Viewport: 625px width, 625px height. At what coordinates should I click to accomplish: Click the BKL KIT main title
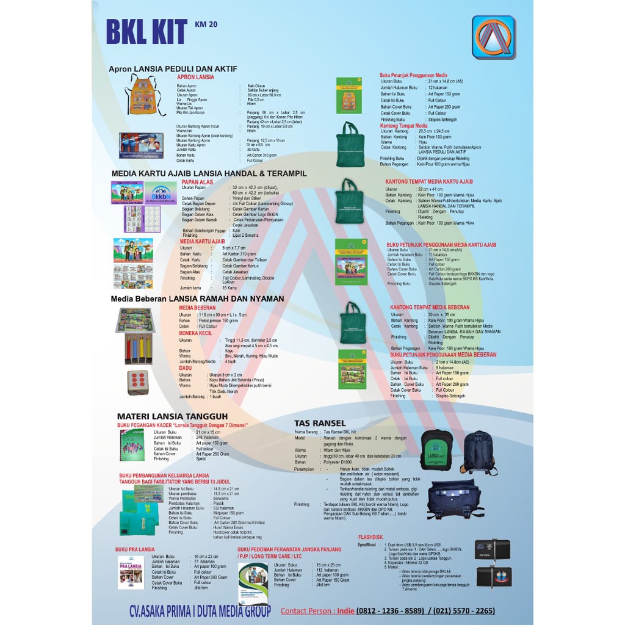click(146, 32)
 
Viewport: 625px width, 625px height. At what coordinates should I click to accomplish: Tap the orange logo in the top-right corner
click(493, 37)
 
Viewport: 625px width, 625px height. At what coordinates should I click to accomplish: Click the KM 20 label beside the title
click(206, 25)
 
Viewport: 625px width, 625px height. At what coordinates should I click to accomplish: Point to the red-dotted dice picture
click(137, 382)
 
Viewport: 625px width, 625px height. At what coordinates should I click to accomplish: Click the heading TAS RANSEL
click(320, 423)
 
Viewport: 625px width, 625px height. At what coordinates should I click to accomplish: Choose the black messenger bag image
click(455, 499)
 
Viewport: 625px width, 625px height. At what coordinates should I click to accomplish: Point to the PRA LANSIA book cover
click(131, 572)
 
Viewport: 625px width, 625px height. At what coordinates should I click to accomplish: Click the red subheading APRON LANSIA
click(195, 78)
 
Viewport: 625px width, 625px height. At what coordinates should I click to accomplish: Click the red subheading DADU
click(186, 368)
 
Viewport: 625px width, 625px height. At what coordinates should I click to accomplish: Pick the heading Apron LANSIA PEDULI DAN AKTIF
click(173, 68)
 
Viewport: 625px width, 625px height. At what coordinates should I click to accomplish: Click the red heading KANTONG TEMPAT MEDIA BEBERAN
click(430, 307)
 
